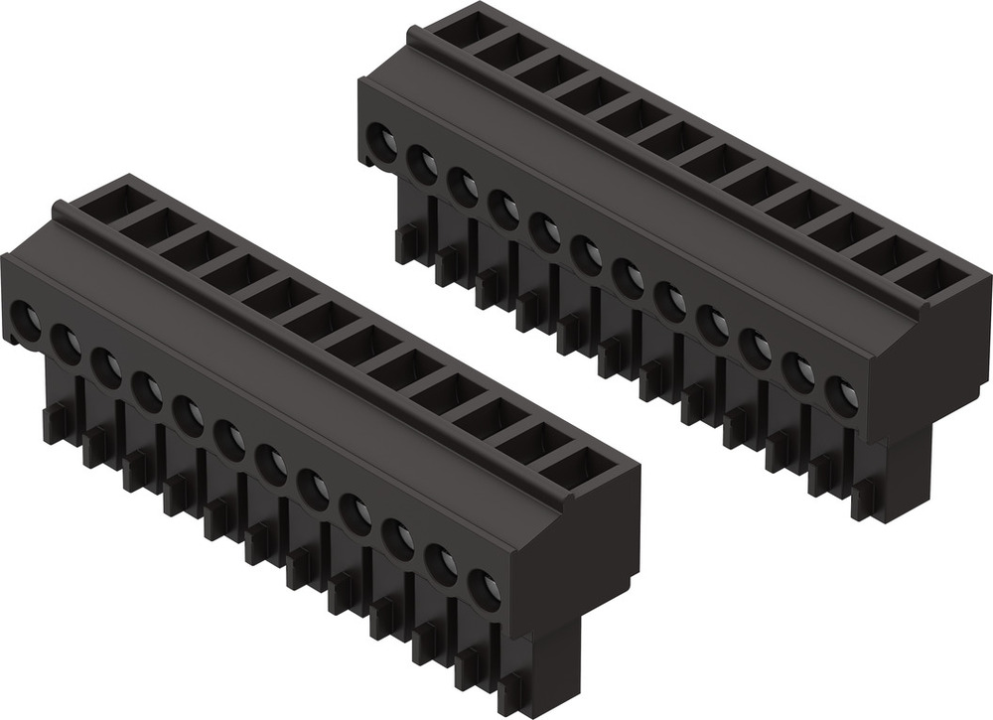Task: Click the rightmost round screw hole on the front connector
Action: coord(483,587)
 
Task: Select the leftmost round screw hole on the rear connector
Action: coord(381,140)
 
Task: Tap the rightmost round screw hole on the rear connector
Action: coord(842,397)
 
